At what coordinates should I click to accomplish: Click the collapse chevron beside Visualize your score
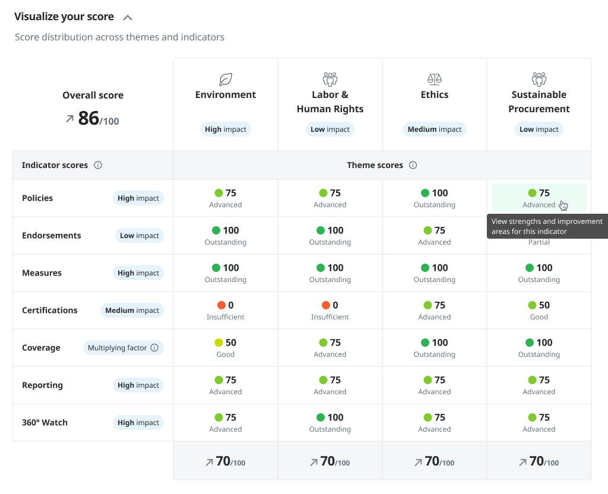[x=127, y=17]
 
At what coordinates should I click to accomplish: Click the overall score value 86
[x=88, y=118]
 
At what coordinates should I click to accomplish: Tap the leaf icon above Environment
[x=226, y=79]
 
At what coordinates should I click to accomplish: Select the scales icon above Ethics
[x=435, y=79]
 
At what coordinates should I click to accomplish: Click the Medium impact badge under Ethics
[x=435, y=129]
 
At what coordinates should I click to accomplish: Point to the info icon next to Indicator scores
[x=98, y=165]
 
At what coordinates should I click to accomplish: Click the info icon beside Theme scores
[x=413, y=165]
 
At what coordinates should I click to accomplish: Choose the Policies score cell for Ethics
[x=435, y=198]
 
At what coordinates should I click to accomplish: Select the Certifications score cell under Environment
[x=226, y=311]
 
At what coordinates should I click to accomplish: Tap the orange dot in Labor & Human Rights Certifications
[x=325, y=305]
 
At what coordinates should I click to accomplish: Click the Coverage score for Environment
[x=226, y=348]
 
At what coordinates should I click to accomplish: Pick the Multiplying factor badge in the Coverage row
[x=123, y=348]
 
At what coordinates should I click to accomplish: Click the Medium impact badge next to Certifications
[x=132, y=311]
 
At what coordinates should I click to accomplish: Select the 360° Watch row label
[x=45, y=423]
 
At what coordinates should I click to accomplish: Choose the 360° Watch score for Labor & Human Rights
[x=330, y=423]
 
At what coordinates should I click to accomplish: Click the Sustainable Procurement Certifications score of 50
[x=539, y=311]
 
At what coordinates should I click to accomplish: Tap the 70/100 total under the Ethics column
[x=435, y=461]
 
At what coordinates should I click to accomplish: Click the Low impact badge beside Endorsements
[x=139, y=236]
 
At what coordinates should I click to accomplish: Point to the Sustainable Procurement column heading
[x=539, y=102]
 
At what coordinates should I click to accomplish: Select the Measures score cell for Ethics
[x=435, y=273]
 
